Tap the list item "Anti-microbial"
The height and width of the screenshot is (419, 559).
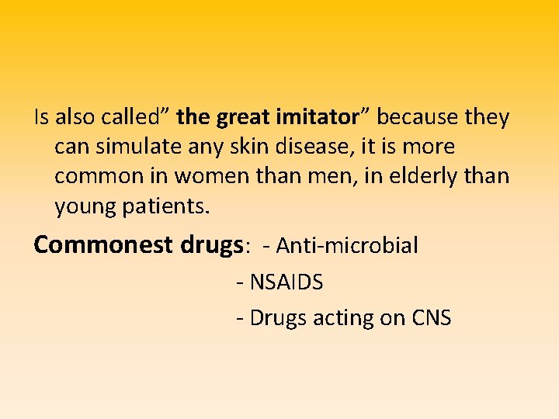coord(347,246)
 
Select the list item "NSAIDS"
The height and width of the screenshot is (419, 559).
coord(286,282)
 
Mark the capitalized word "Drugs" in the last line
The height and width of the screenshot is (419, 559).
coord(279,319)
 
